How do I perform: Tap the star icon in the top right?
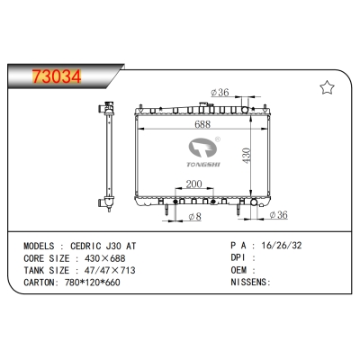327,87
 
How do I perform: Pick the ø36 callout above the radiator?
220,91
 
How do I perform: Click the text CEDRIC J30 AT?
105,245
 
